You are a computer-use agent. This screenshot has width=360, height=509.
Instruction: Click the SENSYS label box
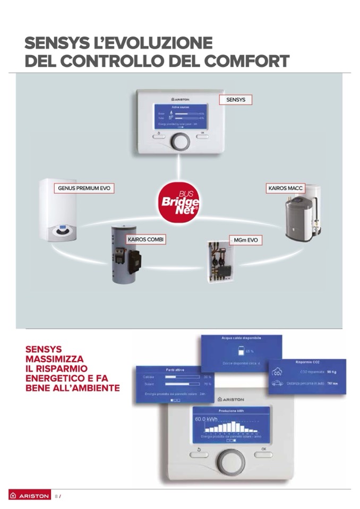coord(235,100)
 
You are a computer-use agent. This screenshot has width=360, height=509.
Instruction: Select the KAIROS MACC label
coord(285,188)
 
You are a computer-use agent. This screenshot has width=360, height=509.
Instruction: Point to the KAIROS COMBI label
coord(146,240)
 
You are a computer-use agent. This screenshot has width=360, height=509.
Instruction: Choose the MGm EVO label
coord(245,240)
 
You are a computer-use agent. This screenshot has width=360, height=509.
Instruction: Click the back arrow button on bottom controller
coord(199,450)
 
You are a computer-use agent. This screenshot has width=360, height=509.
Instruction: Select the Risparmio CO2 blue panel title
coord(307,362)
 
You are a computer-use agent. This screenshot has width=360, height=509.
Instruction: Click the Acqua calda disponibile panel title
coord(241,338)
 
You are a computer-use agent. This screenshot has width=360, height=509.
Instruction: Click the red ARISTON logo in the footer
coord(30,496)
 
